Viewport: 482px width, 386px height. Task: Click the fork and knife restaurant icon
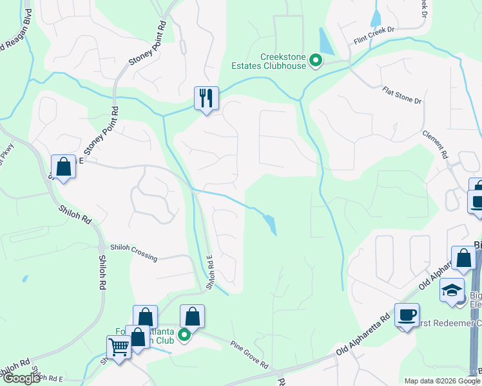pyautogui.click(x=207, y=98)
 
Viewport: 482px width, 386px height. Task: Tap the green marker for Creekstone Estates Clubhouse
pyautogui.click(x=316, y=61)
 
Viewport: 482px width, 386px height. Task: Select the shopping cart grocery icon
pyautogui.click(x=119, y=348)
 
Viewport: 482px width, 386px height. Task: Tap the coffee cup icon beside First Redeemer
pyautogui.click(x=407, y=315)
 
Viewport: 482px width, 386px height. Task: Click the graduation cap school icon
pyautogui.click(x=452, y=290)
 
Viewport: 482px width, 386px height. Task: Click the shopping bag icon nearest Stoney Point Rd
pyautogui.click(x=64, y=167)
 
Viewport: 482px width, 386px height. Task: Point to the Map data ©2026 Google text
pyautogui.click(x=441, y=381)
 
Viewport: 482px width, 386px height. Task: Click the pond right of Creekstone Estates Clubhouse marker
pyautogui.click(x=326, y=42)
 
